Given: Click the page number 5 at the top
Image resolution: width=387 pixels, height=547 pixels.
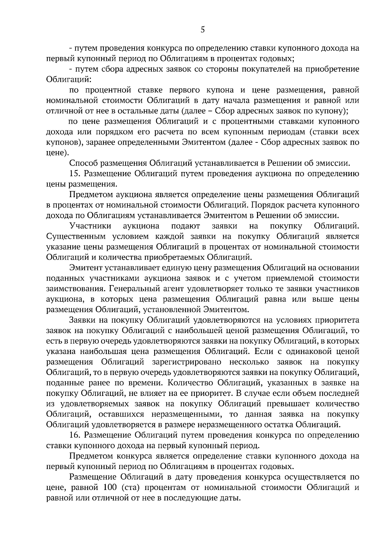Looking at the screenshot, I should tap(202, 30).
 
